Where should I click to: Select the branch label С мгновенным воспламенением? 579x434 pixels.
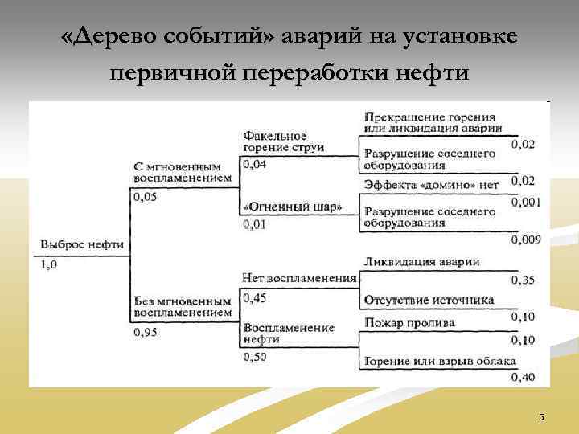(x=183, y=172)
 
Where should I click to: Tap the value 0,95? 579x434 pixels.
(x=146, y=331)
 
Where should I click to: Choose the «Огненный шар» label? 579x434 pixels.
(x=293, y=207)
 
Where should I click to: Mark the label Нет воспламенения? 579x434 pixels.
(x=298, y=278)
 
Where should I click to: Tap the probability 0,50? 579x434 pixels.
(x=254, y=357)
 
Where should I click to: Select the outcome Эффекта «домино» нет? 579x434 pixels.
(x=431, y=184)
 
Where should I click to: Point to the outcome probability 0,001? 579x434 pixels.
(x=527, y=203)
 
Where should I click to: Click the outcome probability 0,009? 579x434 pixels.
(x=527, y=239)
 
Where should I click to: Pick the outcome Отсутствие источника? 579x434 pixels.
(x=429, y=301)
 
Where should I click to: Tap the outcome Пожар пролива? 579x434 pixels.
(x=409, y=322)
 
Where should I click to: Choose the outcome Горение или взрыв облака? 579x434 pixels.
(x=440, y=361)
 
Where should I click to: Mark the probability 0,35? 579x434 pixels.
(x=524, y=280)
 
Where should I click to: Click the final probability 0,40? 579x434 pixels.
(x=524, y=378)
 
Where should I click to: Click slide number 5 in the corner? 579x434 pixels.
(x=541, y=417)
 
